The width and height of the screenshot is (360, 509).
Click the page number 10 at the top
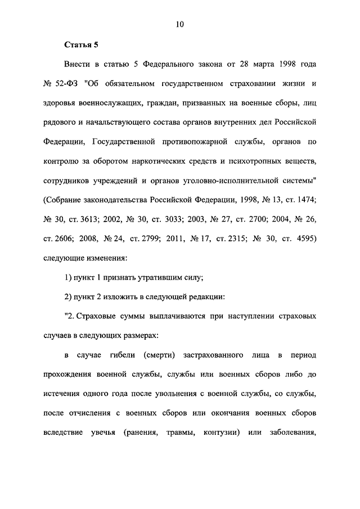(180, 24)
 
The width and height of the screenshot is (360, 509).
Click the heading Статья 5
(80, 45)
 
